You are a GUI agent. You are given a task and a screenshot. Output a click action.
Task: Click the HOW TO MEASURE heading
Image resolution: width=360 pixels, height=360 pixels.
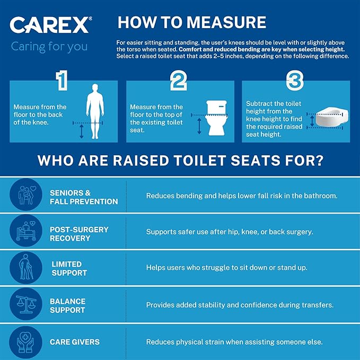[191, 22]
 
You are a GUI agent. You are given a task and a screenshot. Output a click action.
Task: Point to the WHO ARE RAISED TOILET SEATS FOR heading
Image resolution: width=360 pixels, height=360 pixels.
[180, 160]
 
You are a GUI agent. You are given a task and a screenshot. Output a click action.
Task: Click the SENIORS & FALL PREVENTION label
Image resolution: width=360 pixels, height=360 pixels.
[84, 197]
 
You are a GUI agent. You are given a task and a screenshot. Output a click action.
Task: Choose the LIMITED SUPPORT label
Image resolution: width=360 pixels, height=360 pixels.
[69, 268]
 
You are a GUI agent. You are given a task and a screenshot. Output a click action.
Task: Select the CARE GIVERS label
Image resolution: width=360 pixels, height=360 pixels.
[74, 342]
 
